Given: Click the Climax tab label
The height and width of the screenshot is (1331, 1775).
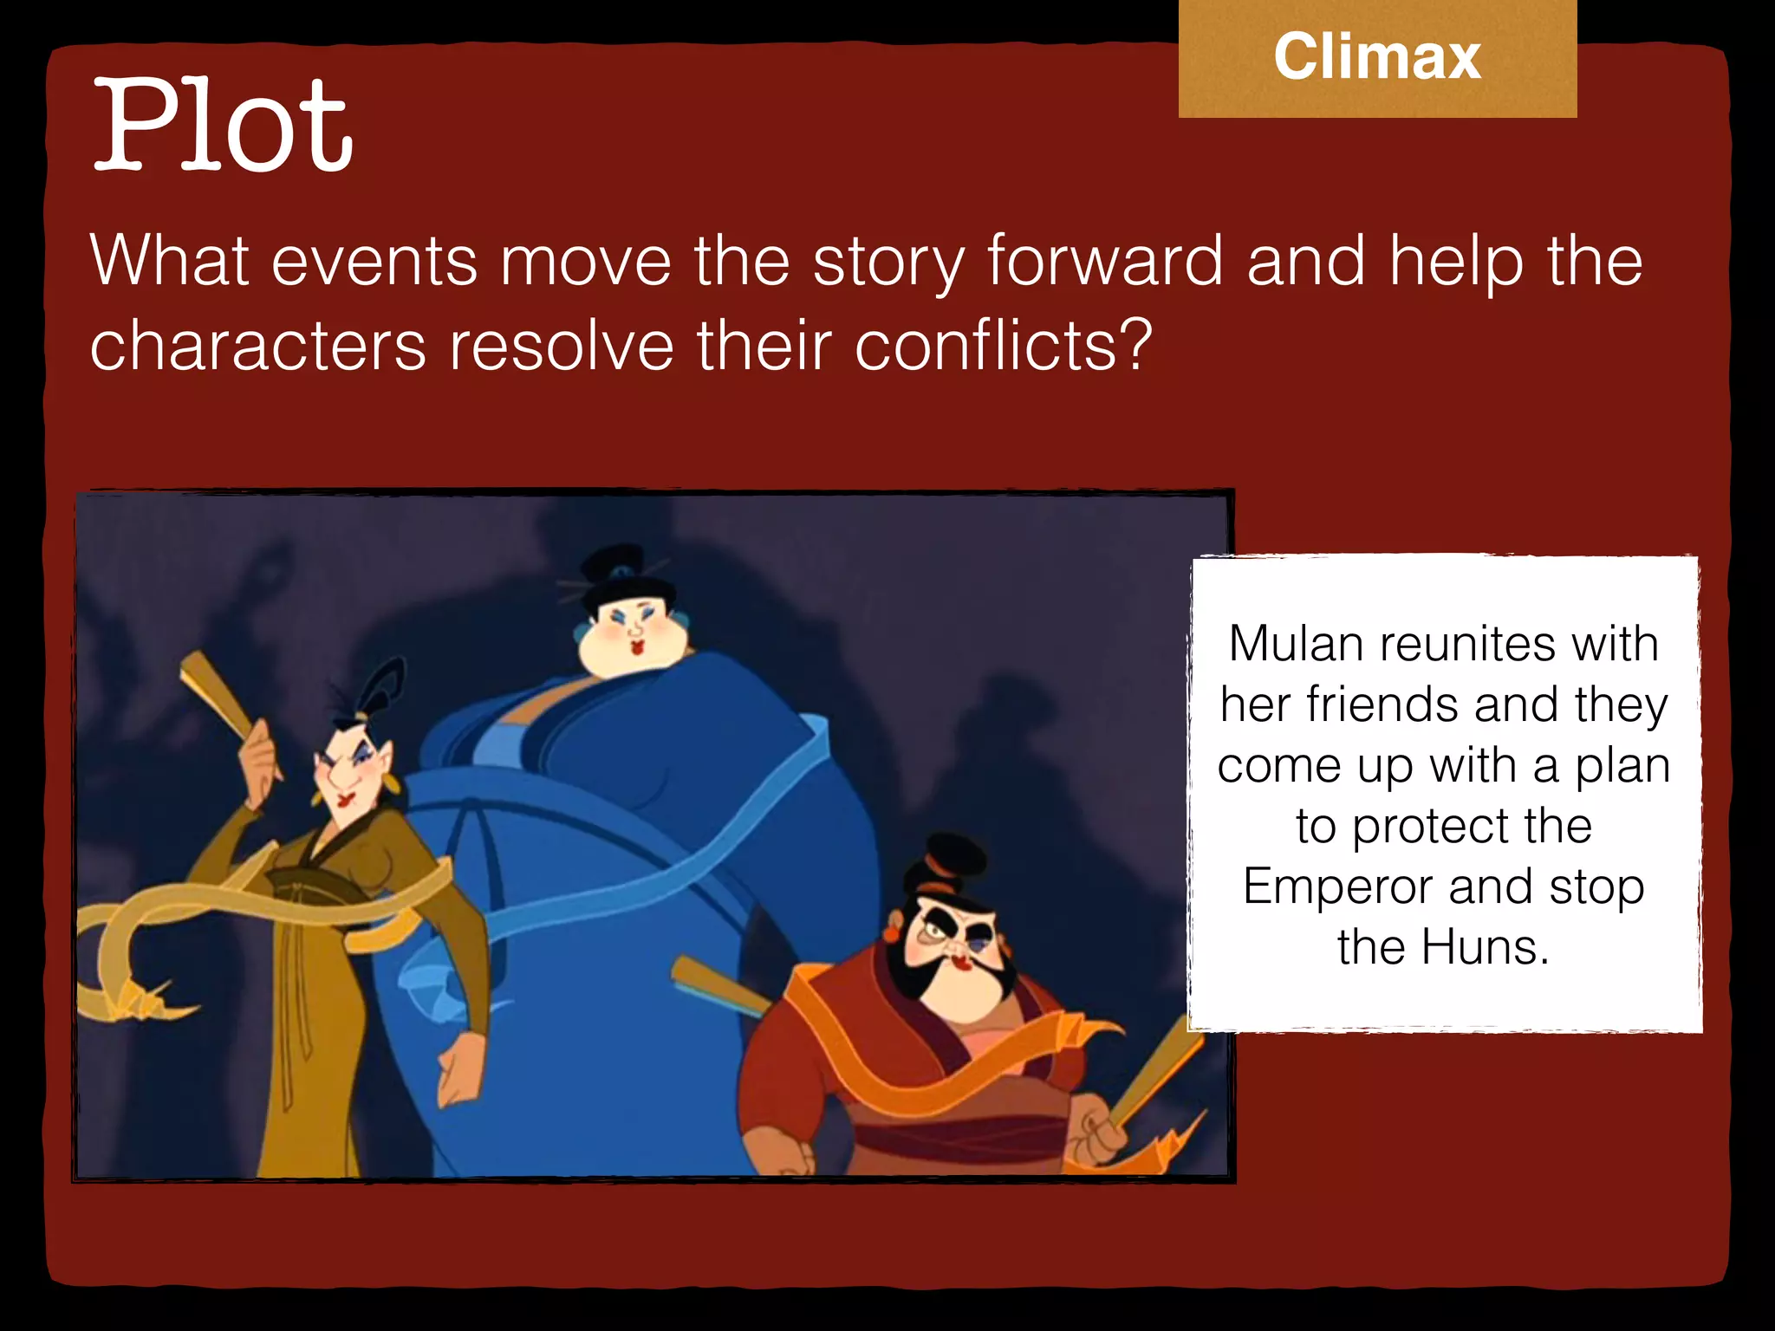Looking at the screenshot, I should [x=1377, y=57].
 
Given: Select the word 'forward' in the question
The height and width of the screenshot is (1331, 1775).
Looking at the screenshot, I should [x=1105, y=261].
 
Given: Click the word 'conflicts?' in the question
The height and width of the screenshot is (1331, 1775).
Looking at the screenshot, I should [x=1004, y=346].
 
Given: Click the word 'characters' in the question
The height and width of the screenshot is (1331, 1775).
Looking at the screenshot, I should [x=258, y=346].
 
